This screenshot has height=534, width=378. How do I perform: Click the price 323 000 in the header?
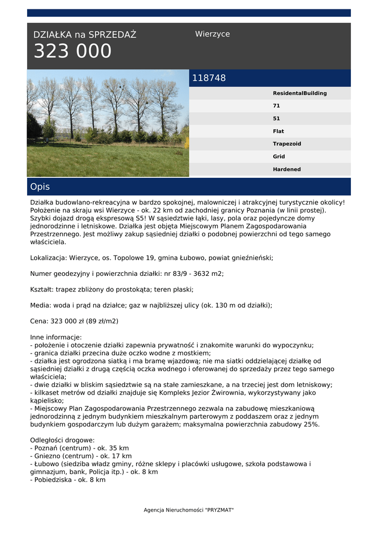click(x=72, y=52)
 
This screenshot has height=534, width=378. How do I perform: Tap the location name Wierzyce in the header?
click(x=212, y=34)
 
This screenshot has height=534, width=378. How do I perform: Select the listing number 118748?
click(x=209, y=78)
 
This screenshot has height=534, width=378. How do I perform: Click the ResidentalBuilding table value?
click(x=299, y=93)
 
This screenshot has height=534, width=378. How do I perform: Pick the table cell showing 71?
click(x=276, y=106)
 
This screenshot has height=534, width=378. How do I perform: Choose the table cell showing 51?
click(x=276, y=118)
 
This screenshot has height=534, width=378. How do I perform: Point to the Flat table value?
click(x=278, y=131)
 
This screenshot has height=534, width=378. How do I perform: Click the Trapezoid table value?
click(x=287, y=144)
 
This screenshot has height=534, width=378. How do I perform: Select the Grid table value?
click(x=278, y=156)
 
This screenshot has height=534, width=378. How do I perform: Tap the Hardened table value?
click(x=286, y=169)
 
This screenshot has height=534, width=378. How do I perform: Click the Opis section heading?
click(x=40, y=187)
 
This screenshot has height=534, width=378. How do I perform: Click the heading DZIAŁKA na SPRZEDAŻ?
click(x=84, y=35)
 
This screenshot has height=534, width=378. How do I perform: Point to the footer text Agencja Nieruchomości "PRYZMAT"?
click(x=189, y=510)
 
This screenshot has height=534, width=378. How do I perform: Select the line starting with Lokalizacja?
click(x=151, y=258)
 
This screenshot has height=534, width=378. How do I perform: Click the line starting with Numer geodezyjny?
click(x=127, y=274)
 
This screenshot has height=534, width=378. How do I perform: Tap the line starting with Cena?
click(x=74, y=321)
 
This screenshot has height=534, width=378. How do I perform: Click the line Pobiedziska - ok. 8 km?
click(x=68, y=480)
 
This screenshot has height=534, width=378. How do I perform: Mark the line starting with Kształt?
click(x=112, y=289)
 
